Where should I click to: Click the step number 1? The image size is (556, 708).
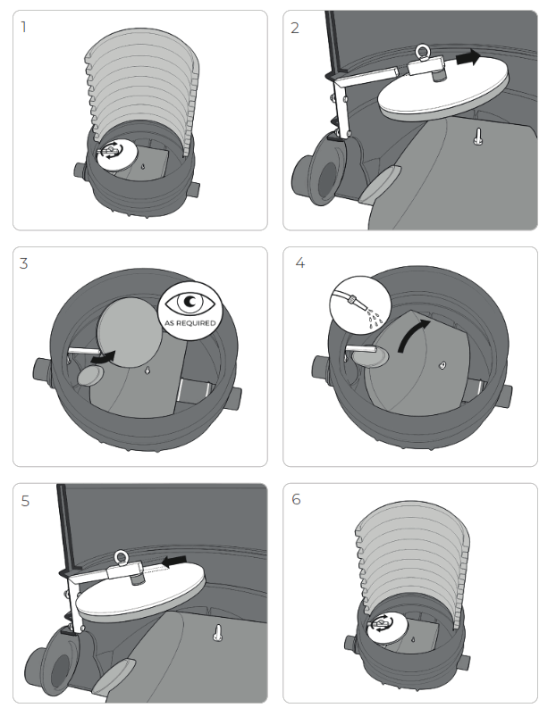tap(23, 27)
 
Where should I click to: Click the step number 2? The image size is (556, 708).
tap(295, 28)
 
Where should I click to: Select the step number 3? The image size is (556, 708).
tap(24, 263)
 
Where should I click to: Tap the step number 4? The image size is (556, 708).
tap(300, 262)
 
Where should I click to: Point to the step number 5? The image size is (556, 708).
tap(25, 501)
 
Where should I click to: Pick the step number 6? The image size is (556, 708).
tap(296, 499)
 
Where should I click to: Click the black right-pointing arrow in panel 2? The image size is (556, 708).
tap(468, 57)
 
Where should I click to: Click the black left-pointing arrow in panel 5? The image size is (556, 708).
tap(174, 562)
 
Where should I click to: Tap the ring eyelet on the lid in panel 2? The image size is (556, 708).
tap(423, 52)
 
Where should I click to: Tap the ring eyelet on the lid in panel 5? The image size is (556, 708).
tap(121, 558)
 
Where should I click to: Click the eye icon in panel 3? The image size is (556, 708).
tap(190, 302)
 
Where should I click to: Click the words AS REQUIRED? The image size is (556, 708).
tap(190, 323)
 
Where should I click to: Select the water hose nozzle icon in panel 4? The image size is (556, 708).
tap(360, 304)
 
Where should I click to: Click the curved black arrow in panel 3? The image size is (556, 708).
tap(104, 357)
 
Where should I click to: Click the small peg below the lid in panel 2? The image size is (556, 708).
tap(478, 136)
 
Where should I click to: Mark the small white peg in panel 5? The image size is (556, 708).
tap(218, 633)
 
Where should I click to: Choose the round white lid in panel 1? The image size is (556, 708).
tap(116, 154)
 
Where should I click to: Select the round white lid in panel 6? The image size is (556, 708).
tap(387, 629)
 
